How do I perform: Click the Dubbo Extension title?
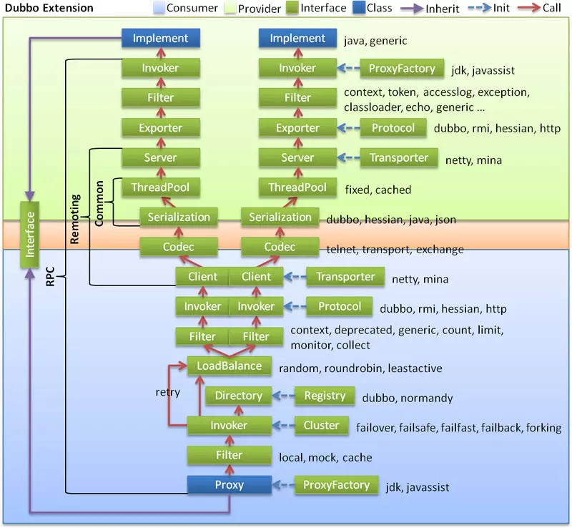(x=49, y=9)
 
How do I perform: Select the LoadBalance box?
(x=225, y=367)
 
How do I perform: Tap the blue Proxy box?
(x=229, y=485)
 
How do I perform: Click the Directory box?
(x=239, y=396)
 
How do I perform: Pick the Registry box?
(x=325, y=396)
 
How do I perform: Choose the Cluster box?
(x=321, y=426)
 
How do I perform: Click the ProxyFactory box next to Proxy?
(x=336, y=485)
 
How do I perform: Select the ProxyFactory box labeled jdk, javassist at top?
(x=402, y=69)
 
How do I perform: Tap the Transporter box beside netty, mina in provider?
(x=399, y=158)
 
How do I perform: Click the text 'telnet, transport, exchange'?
(x=395, y=250)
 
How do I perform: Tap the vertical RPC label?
(x=51, y=276)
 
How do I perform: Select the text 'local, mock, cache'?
(x=325, y=457)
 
